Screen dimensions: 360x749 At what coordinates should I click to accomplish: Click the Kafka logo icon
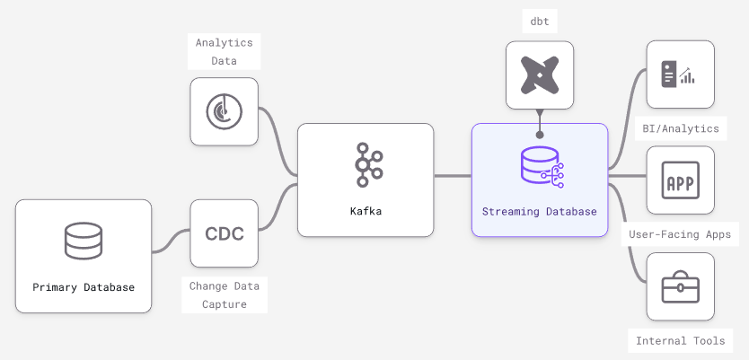pos(366,164)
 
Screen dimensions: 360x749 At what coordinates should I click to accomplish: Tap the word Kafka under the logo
pos(366,212)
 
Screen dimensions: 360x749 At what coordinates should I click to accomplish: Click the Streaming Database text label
pos(540,212)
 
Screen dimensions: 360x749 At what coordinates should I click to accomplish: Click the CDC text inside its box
pos(225,233)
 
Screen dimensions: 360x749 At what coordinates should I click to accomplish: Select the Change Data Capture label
pos(225,294)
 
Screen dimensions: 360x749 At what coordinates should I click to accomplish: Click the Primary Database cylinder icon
pos(84,241)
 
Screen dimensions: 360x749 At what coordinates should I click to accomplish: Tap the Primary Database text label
pos(84,287)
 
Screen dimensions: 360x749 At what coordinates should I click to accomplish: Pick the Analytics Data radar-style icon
pos(225,111)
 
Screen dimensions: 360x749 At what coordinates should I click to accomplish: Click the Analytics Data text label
pos(225,51)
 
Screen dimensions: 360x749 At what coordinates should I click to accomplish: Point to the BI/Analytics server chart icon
pos(680,75)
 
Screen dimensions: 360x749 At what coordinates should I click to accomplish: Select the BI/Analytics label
pos(680,128)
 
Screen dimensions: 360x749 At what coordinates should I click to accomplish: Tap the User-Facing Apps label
pos(680,235)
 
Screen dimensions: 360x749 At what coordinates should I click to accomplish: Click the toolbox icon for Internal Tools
pos(680,287)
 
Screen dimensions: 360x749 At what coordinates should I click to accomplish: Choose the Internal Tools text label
pos(680,341)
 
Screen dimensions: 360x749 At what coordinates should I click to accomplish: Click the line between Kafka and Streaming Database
pos(453,176)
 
